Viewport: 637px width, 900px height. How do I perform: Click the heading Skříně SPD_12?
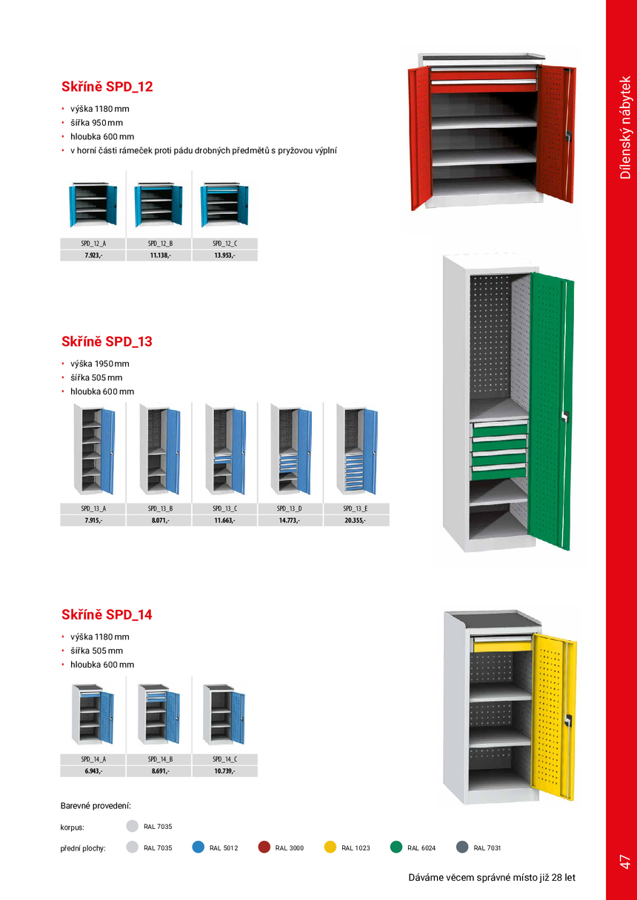click(107, 87)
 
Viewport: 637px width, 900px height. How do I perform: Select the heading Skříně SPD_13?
click(107, 341)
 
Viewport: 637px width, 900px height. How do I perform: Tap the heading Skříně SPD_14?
click(107, 614)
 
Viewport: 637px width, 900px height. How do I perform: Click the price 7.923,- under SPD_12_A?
click(93, 255)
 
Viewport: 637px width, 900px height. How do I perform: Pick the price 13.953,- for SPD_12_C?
click(224, 255)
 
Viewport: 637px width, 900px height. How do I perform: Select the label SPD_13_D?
click(289, 508)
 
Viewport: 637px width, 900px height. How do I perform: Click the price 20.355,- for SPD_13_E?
click(355, 520)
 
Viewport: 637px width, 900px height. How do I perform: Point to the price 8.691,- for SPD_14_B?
click(160, 771)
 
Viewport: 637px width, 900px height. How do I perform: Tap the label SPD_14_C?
click(224, 759)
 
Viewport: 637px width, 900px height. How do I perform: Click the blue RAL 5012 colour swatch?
click(199, 847)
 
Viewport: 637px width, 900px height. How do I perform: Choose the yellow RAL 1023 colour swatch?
click(330, 847)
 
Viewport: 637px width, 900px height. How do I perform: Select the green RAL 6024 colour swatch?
click(396, 847)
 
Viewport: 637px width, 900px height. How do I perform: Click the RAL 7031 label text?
click(487, 847)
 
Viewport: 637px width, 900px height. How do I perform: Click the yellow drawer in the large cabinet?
click(503, 645)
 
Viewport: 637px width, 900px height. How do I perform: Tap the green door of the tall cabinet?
click(551, 411)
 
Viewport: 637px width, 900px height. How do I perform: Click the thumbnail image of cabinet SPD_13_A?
click(94, 449)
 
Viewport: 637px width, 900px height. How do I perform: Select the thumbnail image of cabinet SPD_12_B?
click(159, 204)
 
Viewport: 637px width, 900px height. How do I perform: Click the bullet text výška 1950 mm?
click(100, 363)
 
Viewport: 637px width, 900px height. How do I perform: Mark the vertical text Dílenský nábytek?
click(625, 127)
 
